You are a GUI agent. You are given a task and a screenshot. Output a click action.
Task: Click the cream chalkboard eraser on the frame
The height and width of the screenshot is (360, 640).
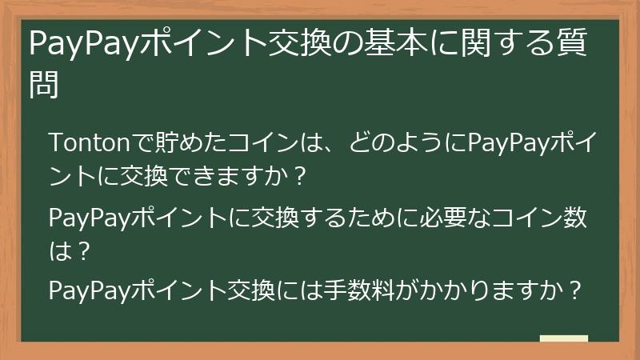(564, 339)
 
